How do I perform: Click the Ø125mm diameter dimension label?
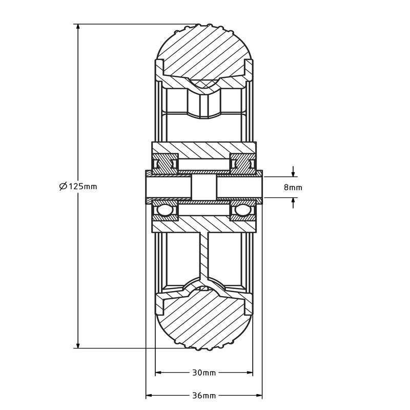click(x=78, y=186)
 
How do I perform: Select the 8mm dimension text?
click(x=293, y=188)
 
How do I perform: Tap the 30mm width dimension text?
click(x=204, y=373)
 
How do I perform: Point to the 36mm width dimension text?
click(x=204, y=396)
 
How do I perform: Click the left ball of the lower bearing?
click(x=165, y=211)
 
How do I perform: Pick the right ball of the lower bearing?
click(x=243, y=211)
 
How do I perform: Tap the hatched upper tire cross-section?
click(x=204, y=51)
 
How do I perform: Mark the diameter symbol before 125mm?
click(x=63, y=186)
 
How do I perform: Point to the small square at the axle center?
click(x=204, y=187)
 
